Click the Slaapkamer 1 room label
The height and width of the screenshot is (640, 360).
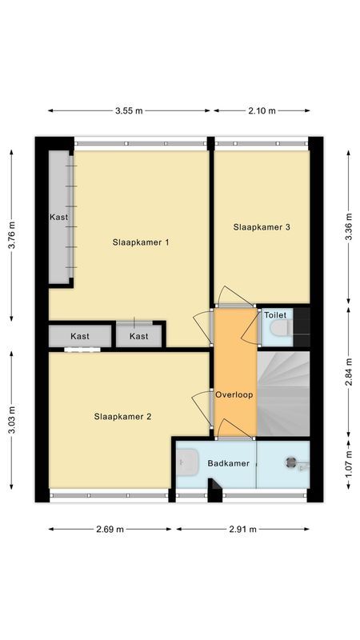pyautogui.click(x=141, y=242)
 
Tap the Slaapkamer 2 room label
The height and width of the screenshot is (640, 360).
pyautogui.click(x=122, y=416)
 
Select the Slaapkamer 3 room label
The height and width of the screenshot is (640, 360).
pyautogui.click(x=261, y=227)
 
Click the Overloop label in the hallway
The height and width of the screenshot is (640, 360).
pyautogui.click(x=234, y=395)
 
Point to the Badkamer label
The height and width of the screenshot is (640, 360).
pyautogui.click(x=228, y=463)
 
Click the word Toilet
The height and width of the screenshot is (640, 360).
pyautogui.click(x=275, y=315)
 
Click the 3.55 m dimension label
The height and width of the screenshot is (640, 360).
pyautogui.click(x=130, y=111)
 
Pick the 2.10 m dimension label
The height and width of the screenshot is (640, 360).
pyautogui.click(x=261, y=111)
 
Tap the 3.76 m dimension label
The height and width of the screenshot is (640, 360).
pyautogui.click(x=11, y=234)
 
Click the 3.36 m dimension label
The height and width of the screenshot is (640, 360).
pyautogui.click(x=348, y=226)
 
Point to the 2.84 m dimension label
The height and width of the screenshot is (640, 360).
pyautogui.click(x=348, y=371)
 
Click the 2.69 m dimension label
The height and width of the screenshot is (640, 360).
pyautogui.click(x=110, y=529)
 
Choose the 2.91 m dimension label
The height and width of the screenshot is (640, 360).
pyautogui.click(x=242, y=529)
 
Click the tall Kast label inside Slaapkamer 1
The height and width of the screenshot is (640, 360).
pyautogui.click(x=58, y=218)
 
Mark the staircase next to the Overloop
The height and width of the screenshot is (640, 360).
pyautogui.click(x=282, y=392)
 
